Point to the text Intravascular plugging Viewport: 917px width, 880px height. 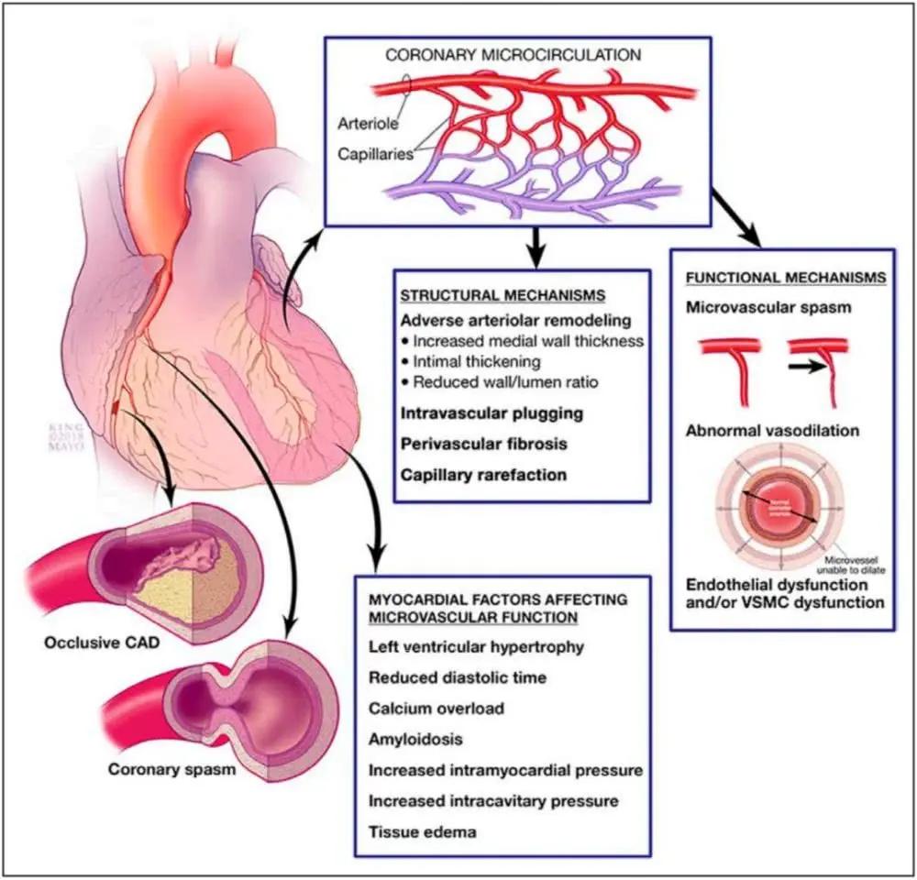492,412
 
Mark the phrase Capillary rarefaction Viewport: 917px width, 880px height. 483,475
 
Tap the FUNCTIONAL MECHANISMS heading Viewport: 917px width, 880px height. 785,276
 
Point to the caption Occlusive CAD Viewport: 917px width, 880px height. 99,643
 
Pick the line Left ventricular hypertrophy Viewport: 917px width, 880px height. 475,647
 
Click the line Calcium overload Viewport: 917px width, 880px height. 436,708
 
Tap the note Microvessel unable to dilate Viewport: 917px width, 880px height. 852,565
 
